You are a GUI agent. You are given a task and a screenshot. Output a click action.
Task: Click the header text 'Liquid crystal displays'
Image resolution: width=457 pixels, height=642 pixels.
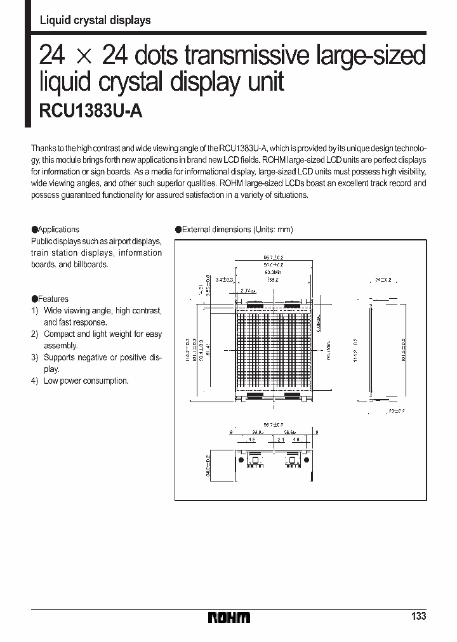[95, 20]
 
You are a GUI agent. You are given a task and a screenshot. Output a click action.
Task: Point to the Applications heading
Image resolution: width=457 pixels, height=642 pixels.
[55, 230]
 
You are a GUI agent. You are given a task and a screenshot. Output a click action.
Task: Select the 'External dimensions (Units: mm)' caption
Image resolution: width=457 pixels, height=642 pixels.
[234, 230]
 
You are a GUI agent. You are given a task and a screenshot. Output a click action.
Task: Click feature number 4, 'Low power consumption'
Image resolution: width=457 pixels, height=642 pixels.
[86, 381]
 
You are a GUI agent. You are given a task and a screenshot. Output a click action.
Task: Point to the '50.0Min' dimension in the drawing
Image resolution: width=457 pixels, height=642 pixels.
[274, 272]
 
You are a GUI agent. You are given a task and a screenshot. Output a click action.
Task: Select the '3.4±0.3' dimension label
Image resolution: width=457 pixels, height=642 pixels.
[225, 278]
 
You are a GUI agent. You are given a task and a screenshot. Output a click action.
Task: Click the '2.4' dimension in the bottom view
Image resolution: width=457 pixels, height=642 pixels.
[281, 438]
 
